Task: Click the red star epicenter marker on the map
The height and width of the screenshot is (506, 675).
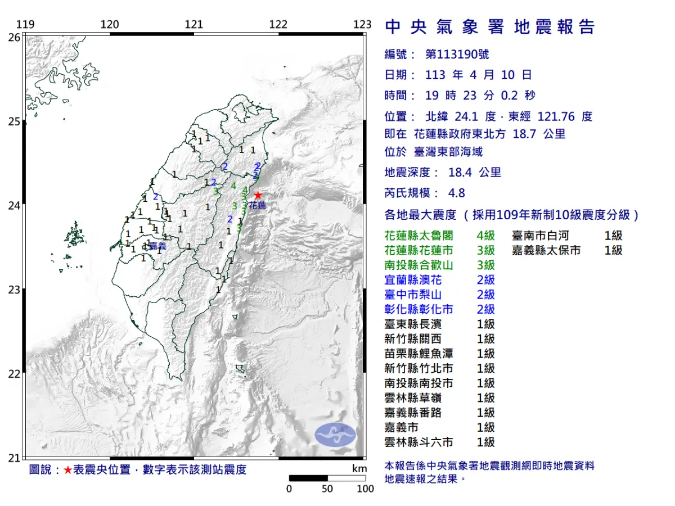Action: (x=258, y=195)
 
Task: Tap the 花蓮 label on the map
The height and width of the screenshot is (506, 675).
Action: (x=257, y=206)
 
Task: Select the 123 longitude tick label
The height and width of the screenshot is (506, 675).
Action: (x=363, y=24)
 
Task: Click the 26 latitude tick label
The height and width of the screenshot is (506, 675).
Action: (x=15, y=37)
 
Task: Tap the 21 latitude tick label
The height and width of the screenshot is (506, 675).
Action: (x=15, y=458)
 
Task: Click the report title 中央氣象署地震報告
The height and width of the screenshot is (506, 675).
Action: (x=489, y=26)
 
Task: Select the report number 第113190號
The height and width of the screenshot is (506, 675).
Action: (x=457, y=55)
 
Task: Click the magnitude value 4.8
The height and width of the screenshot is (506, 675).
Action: (x=457, y=193)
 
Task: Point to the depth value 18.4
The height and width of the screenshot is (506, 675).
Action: (x=460, y=173)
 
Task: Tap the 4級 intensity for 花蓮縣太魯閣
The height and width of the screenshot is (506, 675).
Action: (x=485, y=236)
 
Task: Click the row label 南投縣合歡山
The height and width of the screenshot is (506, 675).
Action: (x=418, y=265)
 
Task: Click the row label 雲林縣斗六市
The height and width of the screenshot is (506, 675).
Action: (x=418, y=442)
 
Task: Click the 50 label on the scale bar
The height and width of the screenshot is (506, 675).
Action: (x=327, y=489)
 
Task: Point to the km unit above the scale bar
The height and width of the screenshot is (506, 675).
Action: (x=359, y=469)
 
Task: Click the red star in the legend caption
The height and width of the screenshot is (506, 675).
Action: (x=67, y=470)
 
